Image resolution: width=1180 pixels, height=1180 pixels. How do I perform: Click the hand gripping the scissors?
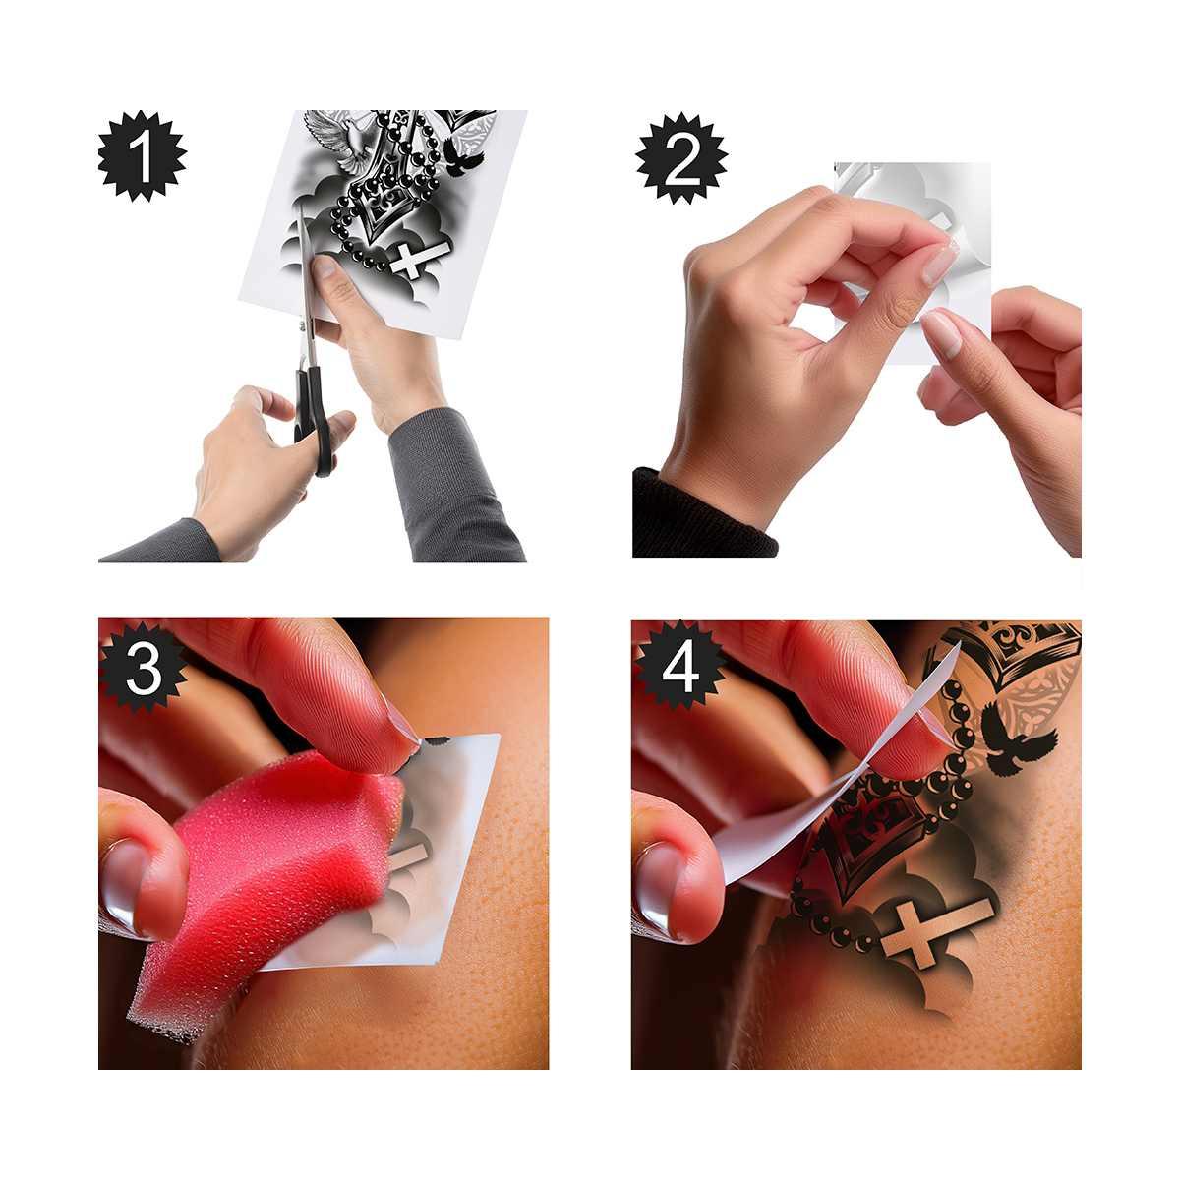[251, 462]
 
